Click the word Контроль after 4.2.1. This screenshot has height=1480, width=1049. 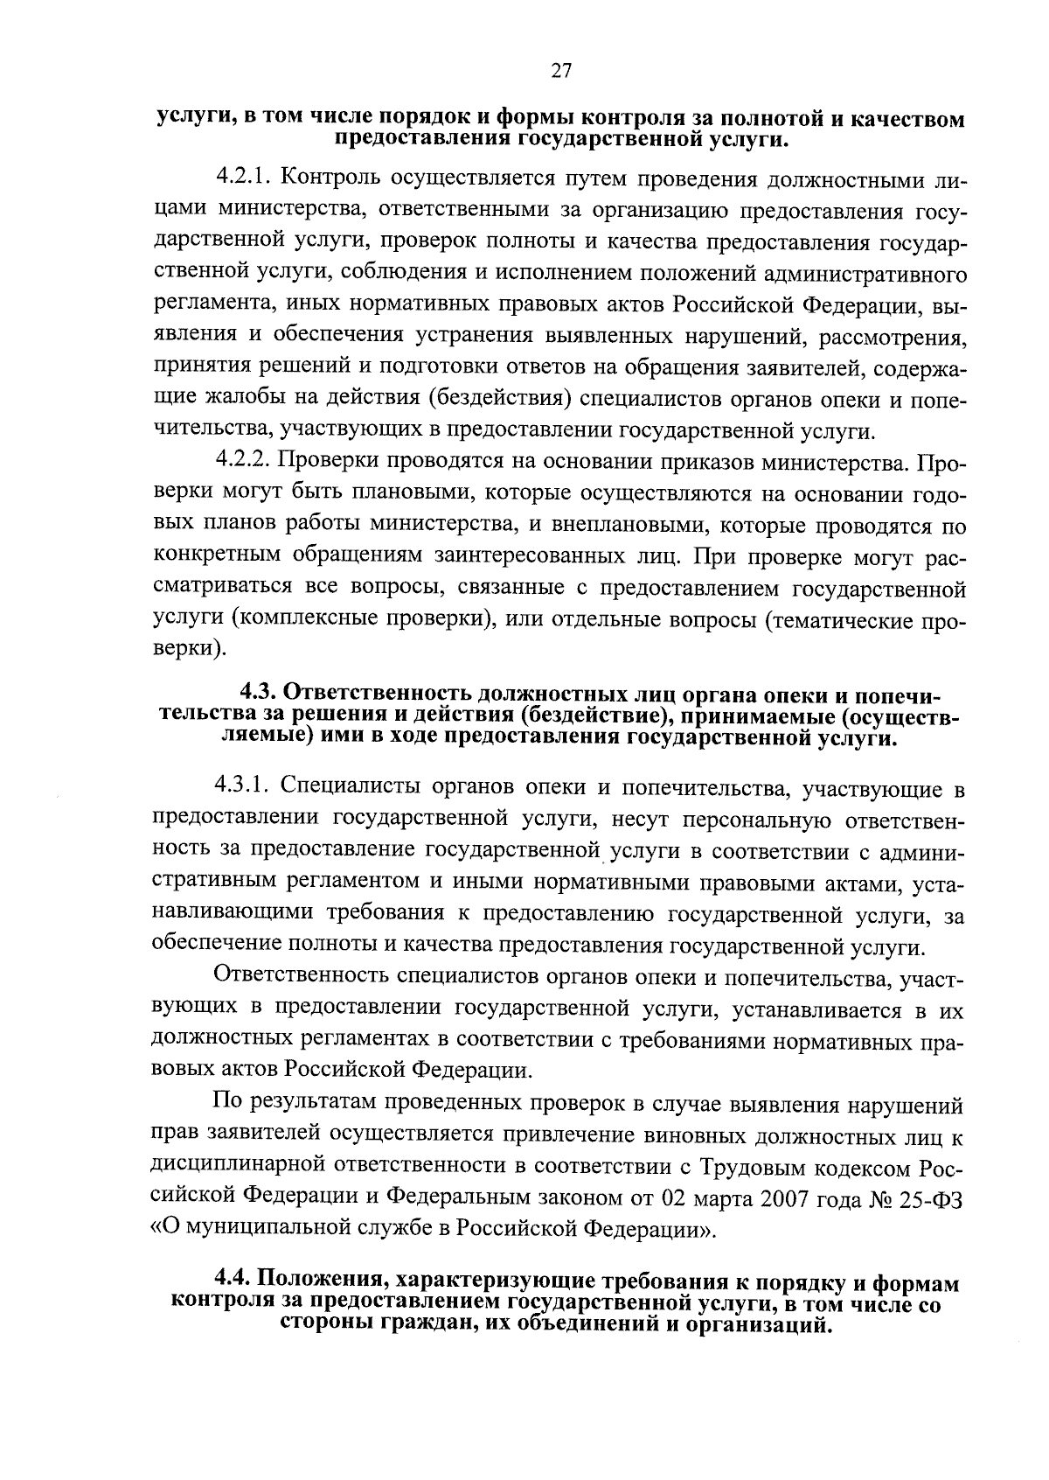point(327,179)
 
